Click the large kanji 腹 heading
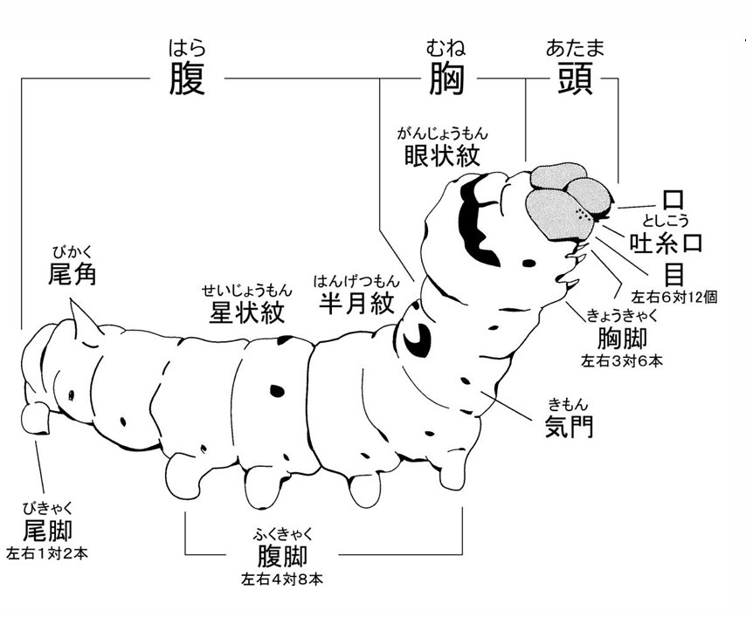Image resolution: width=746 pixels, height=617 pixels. [188, 79]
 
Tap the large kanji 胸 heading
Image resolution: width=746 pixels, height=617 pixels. [446, 79]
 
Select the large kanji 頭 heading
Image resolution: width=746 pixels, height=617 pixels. [575, 79]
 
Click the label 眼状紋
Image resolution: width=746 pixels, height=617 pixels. [442, 155]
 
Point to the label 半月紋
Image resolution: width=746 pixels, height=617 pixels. [356, 303]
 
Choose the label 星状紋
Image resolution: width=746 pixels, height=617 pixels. [247, 312]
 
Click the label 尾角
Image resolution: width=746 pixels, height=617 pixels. [73, 274]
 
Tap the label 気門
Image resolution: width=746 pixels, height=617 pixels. [569, 426]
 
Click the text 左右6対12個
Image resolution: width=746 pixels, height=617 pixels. [673, 297]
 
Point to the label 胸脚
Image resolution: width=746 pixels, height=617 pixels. [622, 338]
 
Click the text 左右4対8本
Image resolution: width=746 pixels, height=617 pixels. [282, 579]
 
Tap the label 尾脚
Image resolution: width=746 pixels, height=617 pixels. [47, 530]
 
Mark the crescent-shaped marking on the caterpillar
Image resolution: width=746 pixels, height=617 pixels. [415, 336]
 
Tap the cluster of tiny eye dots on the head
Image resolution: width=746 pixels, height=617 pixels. [584, 214]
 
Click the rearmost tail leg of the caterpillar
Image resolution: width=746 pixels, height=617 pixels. [37, 418]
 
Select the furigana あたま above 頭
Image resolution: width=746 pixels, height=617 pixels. [575, 49]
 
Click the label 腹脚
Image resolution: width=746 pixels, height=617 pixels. [282, 556]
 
